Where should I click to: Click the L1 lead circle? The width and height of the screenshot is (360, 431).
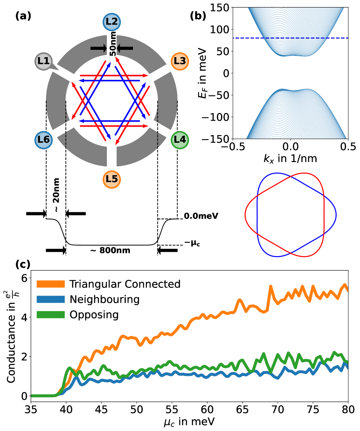44,62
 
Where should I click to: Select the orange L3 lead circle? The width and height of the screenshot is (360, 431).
180,62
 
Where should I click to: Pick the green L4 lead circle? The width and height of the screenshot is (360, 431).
180,140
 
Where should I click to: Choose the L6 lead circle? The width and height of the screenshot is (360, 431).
44,140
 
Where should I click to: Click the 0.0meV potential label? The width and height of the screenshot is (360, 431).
201,216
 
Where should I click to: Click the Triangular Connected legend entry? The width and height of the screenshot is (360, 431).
125,284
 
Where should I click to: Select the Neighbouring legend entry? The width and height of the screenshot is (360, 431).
104,299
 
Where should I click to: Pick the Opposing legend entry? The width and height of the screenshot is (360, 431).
94,314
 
